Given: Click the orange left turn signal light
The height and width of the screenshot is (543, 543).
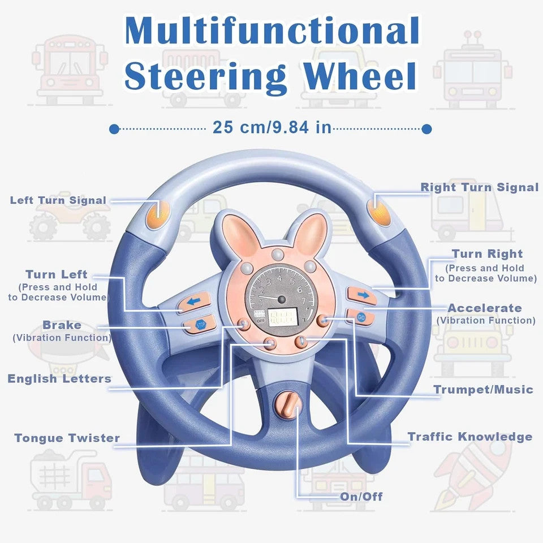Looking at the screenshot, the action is [158, 214].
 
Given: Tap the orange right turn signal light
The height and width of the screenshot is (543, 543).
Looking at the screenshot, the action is [379, 209].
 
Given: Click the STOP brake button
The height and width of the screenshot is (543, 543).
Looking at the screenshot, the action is [200, 325].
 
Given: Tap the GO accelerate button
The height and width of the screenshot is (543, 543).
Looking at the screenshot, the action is [360, 317].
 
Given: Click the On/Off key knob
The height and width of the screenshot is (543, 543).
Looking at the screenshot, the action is [287, 404].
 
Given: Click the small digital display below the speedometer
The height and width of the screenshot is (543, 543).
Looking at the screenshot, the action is [283, 317].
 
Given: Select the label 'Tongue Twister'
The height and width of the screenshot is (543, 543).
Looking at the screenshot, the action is [67, 438].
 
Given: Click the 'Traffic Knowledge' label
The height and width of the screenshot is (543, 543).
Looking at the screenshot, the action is [470, 437].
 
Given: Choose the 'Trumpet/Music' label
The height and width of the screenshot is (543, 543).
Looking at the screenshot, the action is [483, 390].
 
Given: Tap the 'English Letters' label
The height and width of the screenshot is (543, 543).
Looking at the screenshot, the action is [59, 379].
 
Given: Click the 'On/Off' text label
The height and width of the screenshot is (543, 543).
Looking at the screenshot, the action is [361, 496].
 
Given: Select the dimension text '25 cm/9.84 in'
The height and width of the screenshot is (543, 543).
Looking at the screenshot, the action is [272, 127].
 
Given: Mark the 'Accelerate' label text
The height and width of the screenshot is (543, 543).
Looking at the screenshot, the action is [485, 308].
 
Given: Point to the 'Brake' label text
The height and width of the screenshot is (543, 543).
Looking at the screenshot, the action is [62, 325].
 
